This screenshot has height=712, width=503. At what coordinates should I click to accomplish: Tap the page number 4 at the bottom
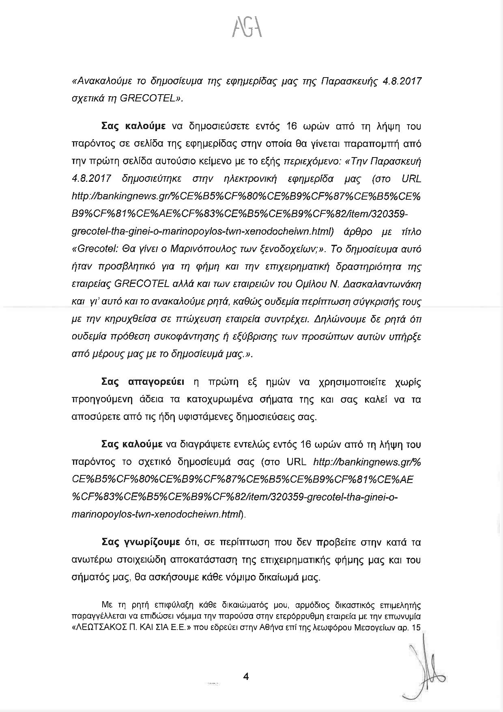tap(245, 676)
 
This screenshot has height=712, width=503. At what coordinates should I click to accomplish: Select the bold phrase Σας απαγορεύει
tap(142, 382)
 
